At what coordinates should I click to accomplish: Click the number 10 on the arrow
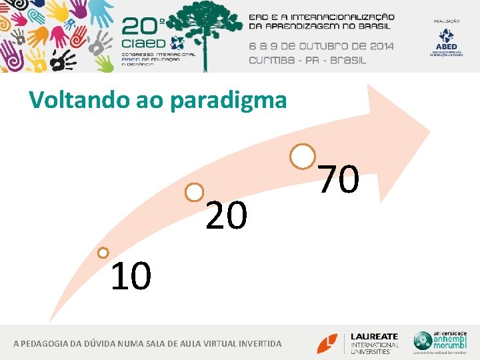pos(131,277)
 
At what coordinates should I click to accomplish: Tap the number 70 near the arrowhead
pos(339,180)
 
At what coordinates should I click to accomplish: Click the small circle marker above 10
pos(103,253)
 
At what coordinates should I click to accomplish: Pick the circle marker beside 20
pos(194,193)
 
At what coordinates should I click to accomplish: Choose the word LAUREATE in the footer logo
pos(374,337)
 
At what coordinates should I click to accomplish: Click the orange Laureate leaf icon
pos(327,343)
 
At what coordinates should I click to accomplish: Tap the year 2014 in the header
pos(379,46)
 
